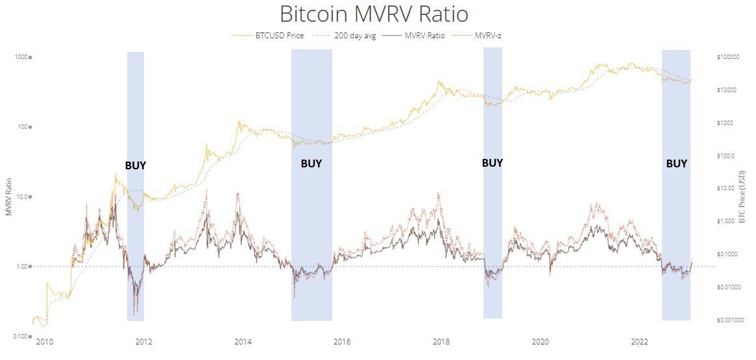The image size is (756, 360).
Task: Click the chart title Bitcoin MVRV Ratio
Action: (x=373, y=14)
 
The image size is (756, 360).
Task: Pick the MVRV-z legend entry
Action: (x=487, y=36)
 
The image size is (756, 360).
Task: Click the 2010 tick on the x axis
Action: (x=44, y=341)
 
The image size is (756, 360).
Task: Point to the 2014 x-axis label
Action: (x=243, y=341)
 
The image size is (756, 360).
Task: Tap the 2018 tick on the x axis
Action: (x=441, y=341)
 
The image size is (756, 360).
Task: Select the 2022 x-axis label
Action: (x=640, y=341)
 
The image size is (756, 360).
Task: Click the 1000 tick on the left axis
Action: (x=20, y=57)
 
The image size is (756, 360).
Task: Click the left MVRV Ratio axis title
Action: (x=8, y=196)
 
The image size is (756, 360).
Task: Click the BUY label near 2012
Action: (x=136, y=165)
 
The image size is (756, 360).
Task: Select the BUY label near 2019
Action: (x=492, y=163)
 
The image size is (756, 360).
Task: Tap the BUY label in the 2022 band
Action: (x=676, y=163)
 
